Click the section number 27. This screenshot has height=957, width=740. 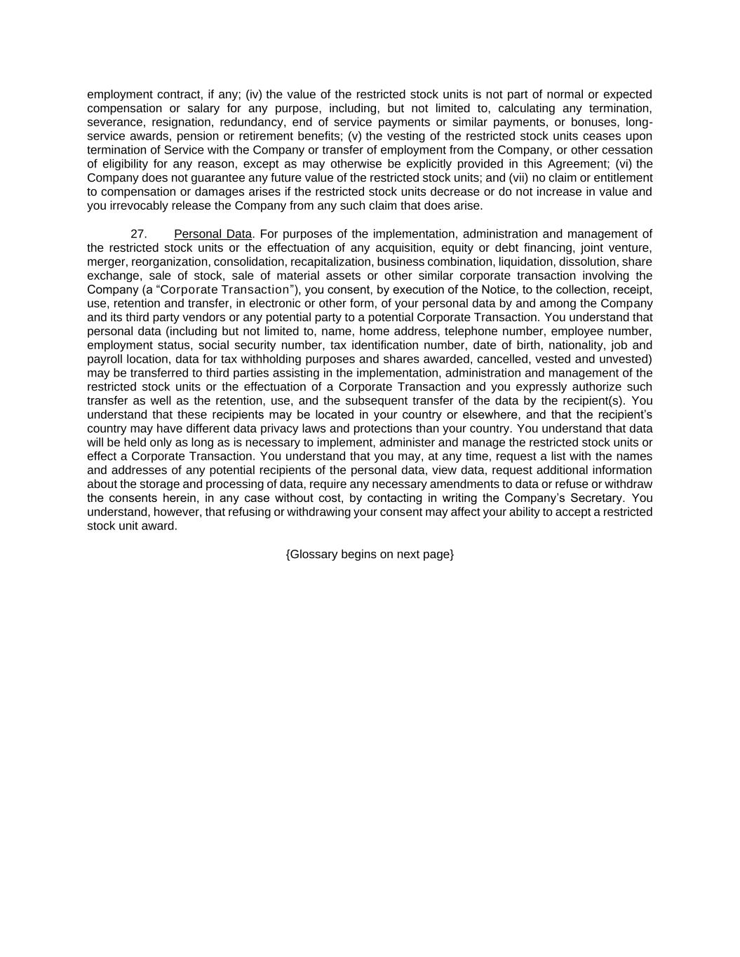(138, 234)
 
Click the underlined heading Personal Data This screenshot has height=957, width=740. (213, 234)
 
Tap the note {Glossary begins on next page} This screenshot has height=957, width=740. (370, 555)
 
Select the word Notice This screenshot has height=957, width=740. (498, 290)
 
